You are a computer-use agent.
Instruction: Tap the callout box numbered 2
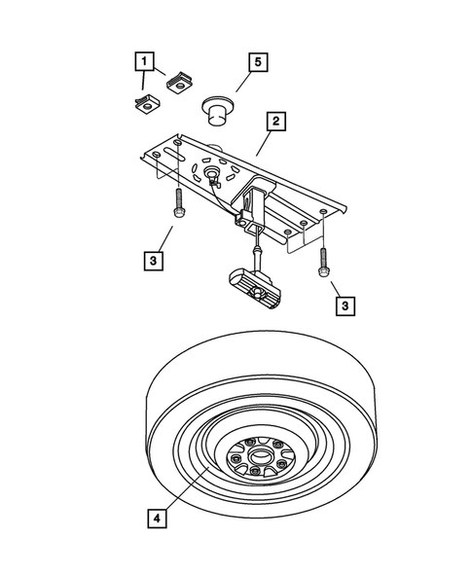pos(275,122)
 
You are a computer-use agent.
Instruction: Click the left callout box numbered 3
pos(154,261)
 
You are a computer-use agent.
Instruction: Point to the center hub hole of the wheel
pos(257,452)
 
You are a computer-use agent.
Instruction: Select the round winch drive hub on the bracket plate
pos(211,173)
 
